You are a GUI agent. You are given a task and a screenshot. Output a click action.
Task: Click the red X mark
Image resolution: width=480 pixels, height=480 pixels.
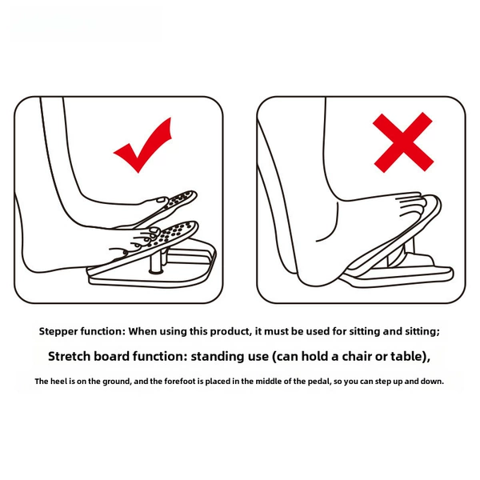(403, 142)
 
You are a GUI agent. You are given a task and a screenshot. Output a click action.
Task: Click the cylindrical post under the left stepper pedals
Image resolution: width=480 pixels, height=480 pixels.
(156, 261)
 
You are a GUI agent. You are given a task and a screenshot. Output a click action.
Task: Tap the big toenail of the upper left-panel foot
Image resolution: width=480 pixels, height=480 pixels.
(160, 200)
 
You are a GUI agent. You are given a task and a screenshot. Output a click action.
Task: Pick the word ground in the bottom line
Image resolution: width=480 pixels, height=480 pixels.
(118, 382)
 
